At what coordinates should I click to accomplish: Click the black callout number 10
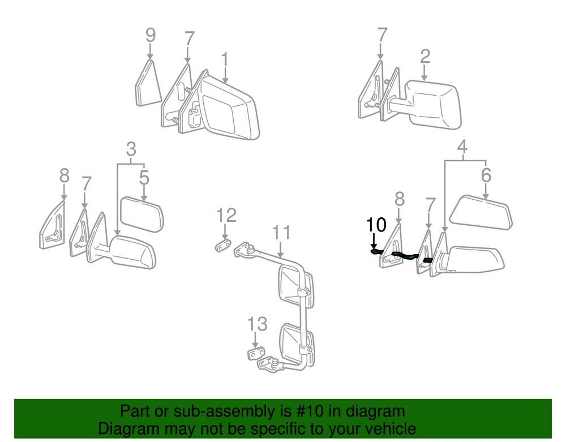coord(376,225)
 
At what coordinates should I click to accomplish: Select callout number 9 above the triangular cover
coord(151,35)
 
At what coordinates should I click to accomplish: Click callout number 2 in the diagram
coord(425,57)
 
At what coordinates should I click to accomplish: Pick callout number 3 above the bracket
coord(131,149)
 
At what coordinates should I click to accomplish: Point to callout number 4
coord(462,147)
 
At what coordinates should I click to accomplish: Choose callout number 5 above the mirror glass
coord(144,178)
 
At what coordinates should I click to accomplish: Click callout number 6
coord(486,175)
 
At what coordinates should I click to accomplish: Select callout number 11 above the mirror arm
coord(281,233)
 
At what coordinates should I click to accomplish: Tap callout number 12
coord(226,216)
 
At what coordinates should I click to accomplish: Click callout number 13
coord(257,324)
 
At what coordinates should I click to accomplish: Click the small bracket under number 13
coord(255,354)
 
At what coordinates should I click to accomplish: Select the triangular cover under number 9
coord(148,84)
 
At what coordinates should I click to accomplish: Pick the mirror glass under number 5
coord(141,214)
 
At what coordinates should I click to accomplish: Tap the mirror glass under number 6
coord(481,213)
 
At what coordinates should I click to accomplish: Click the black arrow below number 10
coord(374,241)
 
